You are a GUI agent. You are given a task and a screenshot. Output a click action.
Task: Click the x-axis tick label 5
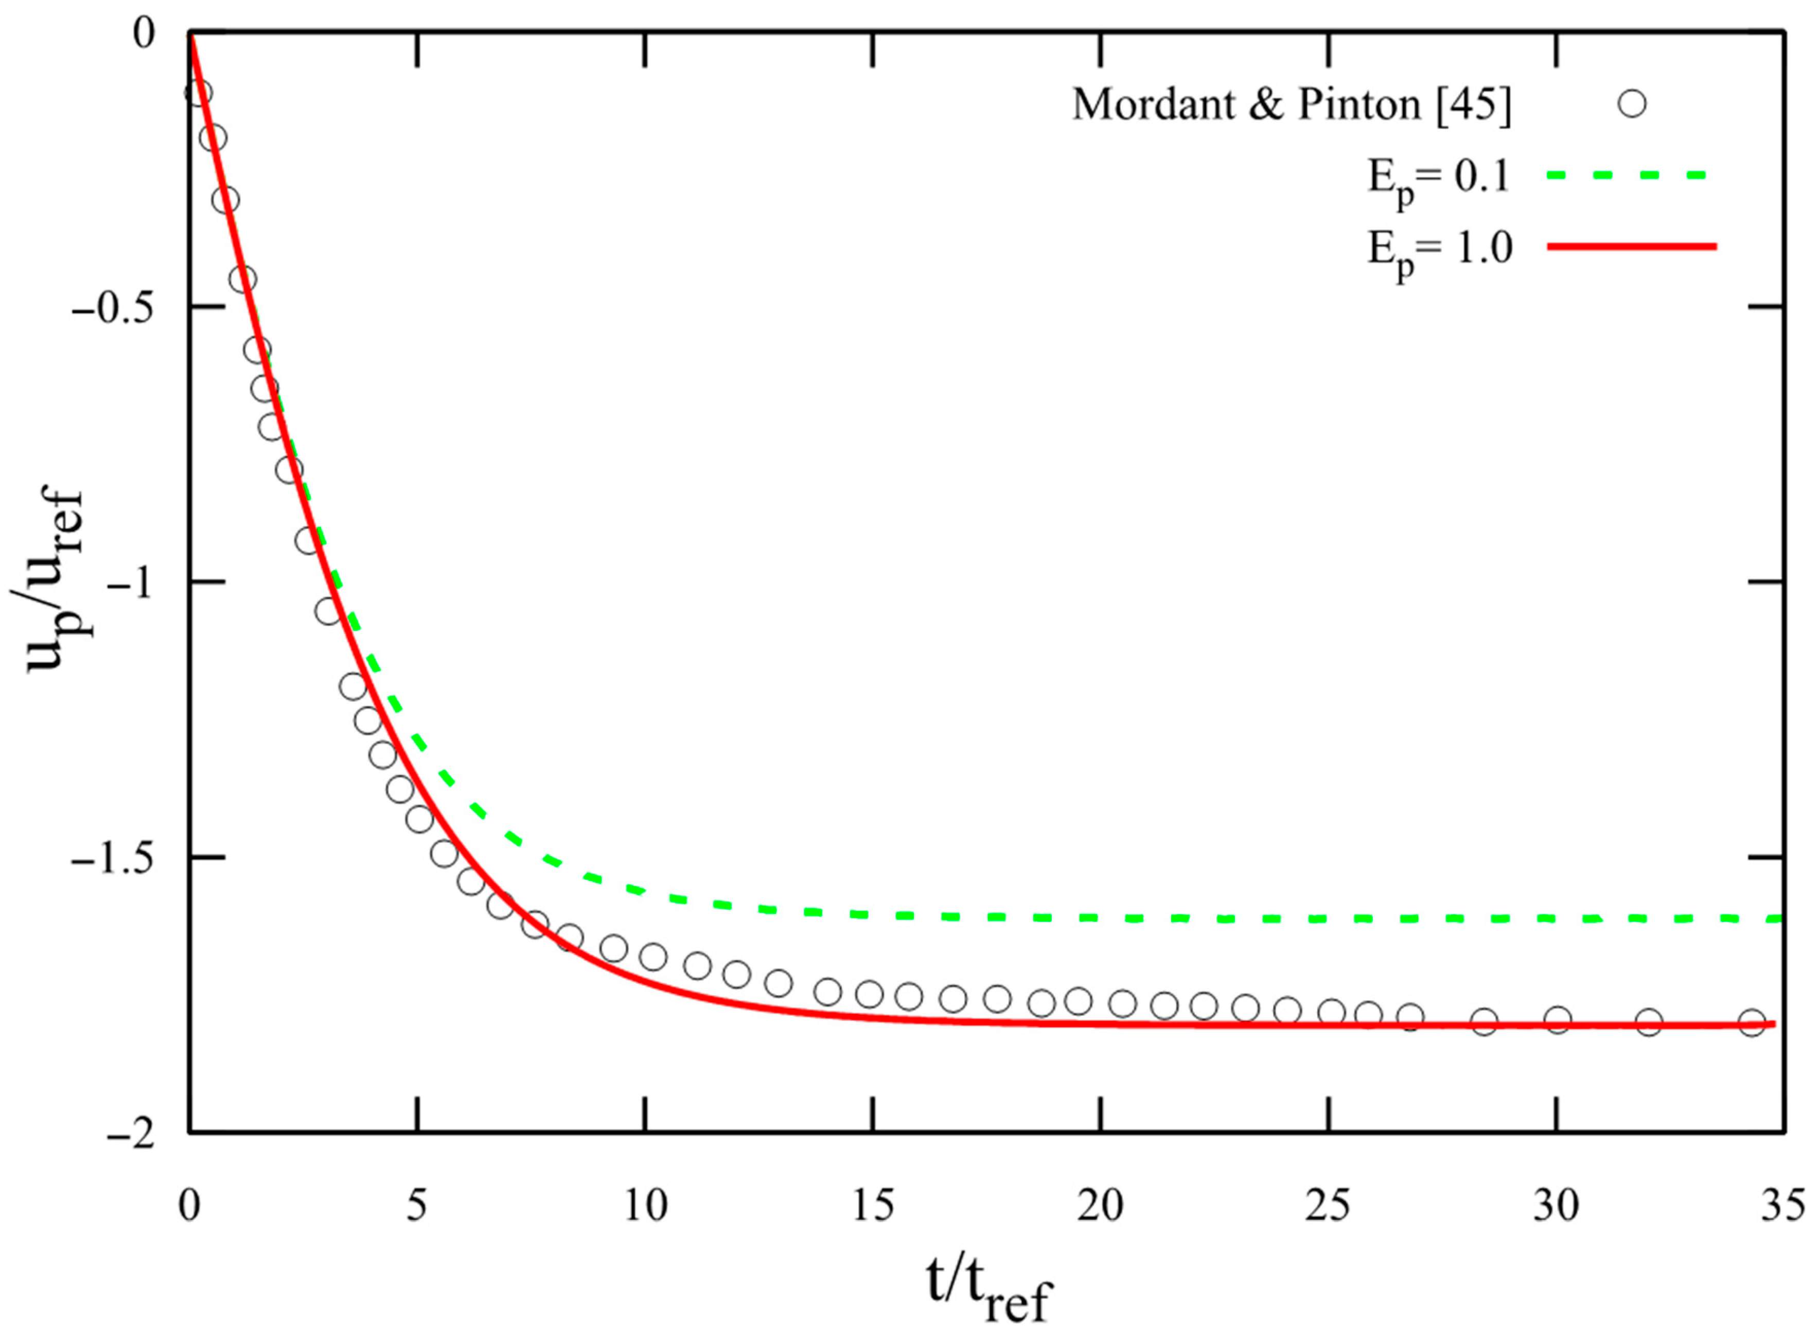click(x=416, y=1206)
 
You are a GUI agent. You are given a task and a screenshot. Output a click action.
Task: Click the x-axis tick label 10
click(x=645, y=1206)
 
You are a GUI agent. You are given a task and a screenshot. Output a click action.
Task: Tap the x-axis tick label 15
click(x=873, y=1206)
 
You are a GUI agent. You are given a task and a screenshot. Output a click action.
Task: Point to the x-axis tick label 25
click(x=1329, y=1206)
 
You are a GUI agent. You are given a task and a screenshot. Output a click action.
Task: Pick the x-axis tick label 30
click(x=1557, y=1206)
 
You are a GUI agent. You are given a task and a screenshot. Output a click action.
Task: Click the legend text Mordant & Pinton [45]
click(x=1292, y=104)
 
